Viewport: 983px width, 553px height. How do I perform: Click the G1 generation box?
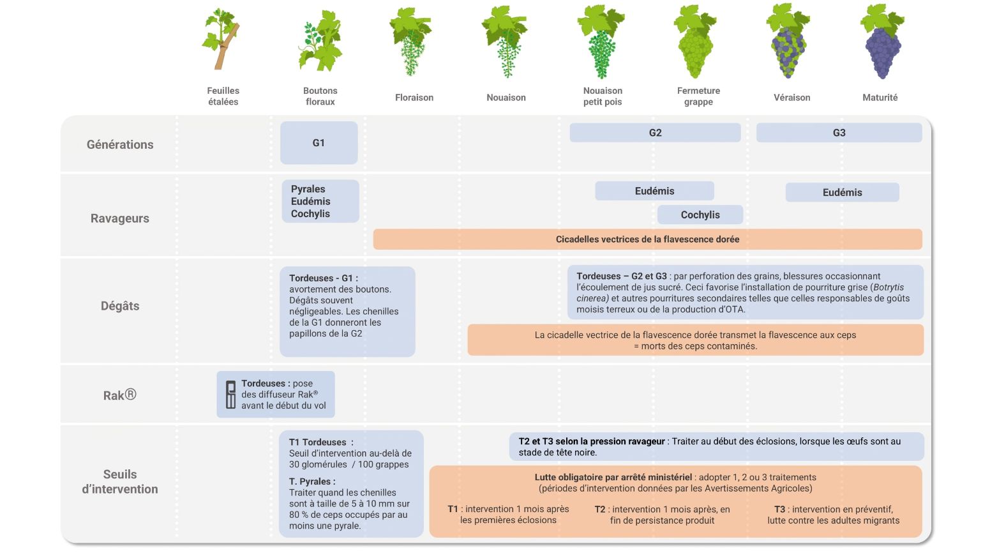319,143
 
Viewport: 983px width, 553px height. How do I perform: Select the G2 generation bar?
655,133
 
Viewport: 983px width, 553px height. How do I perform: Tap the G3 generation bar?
839,133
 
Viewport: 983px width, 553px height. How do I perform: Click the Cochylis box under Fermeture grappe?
700,215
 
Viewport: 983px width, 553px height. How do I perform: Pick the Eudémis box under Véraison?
842,192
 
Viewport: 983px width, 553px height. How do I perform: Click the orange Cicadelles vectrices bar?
648,239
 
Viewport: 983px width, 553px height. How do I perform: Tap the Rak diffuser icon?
231,395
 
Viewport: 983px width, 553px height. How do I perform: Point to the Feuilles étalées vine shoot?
221,40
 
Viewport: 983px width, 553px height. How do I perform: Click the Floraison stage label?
414,98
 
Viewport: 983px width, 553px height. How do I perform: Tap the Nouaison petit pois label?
603,96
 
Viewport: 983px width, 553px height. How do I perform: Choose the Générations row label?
120,144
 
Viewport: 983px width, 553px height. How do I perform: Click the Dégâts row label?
120,305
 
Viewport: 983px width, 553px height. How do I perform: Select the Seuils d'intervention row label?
120,481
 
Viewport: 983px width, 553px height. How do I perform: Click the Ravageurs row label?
120,218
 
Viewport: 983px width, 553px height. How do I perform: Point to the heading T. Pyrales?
312,481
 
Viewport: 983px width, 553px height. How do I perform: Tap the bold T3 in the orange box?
779,509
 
